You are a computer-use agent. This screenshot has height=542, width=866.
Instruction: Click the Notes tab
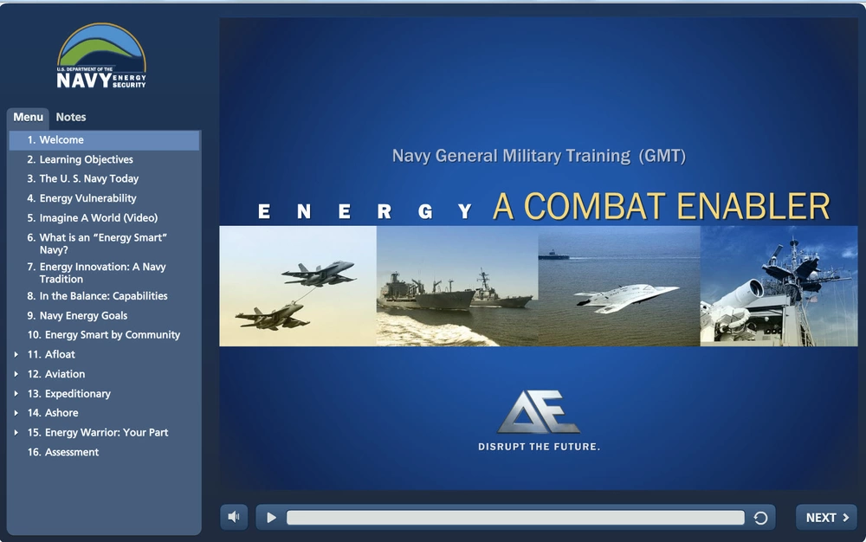[71, 117]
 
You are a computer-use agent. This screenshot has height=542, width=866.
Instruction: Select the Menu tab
[29, 117]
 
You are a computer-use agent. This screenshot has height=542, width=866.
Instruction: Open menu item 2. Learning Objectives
[80, 159]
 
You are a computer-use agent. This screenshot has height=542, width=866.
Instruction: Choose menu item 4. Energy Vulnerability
[81, 198]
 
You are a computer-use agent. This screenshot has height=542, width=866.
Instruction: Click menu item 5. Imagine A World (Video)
[93, 218]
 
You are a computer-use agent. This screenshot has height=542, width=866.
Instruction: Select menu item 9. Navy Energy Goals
[77, 316]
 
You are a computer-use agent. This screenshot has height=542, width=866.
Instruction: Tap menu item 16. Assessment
[63, 452]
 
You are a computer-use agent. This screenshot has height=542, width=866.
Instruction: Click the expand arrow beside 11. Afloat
[16, 354]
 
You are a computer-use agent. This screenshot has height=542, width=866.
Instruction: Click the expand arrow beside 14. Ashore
[16, 413]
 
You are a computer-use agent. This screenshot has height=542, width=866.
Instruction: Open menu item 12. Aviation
[56, 374]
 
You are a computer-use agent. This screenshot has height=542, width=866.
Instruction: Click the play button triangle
[271, 518]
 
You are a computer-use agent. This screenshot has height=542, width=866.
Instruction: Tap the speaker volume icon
[234, 517]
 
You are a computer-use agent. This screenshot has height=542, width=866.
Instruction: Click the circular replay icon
[760, 518]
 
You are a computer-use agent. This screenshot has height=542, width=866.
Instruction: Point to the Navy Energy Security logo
[101, 55]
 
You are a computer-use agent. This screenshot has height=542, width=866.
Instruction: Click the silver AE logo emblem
[538, 412]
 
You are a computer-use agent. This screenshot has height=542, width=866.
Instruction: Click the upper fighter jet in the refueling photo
[319, 274]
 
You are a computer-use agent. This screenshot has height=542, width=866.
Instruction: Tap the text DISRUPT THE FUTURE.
[539, 447]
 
